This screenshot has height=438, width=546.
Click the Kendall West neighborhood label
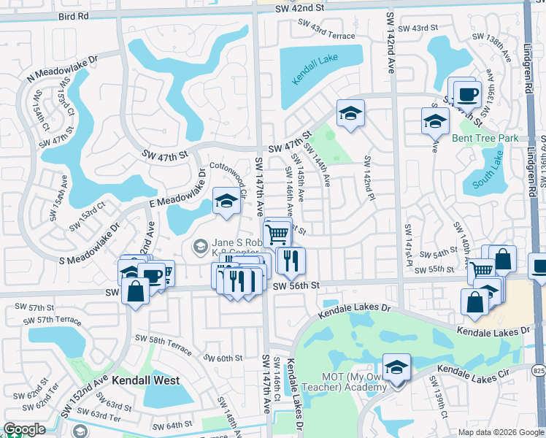pyautogui.click(x=145, y=380)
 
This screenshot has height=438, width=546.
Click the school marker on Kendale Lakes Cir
pyautogui.click(x=396, y=366)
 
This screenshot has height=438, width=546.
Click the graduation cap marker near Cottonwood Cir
pyautogui.click(x=226, y=201)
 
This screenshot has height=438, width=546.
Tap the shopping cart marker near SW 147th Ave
pyautogui.click(x=277, y=233)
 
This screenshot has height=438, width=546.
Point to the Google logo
pyautogui.click(x=25, y=429)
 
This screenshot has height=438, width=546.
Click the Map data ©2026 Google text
pyautogui.click(x=499, y=432)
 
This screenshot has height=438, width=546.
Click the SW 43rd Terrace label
pyautogui.click(x=326, y=29)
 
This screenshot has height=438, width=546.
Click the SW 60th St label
pyautogui.click(x=223, y=358)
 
